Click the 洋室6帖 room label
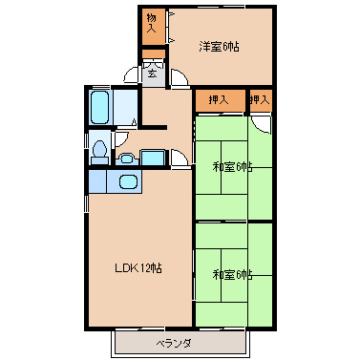219,47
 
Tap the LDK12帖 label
138,268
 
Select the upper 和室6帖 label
232,167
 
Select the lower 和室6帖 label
232,274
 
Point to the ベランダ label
174,344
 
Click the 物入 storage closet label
152,23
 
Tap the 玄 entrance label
152,74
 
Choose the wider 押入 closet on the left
220,100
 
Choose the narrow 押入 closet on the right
261,100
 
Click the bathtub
99,107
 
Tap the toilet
99,152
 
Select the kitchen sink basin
128,181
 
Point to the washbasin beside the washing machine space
127,159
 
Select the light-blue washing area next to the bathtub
125,108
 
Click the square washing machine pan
153,158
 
